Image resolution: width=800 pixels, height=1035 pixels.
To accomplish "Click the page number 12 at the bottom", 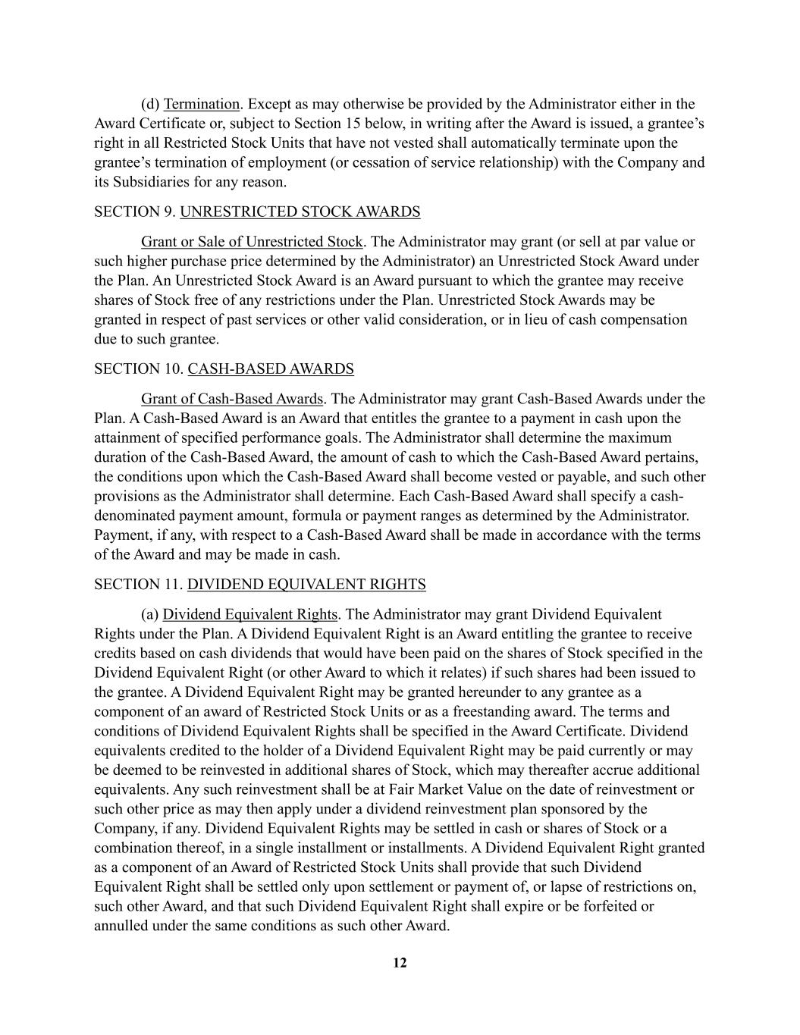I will click(400, 963).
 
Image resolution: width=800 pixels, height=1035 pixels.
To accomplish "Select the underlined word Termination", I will click(202, 104).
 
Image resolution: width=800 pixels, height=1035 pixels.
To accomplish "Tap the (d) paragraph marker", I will click(150, 104).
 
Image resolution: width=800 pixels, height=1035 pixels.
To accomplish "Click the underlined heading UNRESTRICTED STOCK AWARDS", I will click(300, 212).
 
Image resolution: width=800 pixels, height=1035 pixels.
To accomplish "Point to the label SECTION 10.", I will click(138, 369).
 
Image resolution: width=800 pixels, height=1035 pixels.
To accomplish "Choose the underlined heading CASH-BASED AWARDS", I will click(271, 369).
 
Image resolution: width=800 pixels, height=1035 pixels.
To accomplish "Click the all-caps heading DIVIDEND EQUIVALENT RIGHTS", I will click(306, 585).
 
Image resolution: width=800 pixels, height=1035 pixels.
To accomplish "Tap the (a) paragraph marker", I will click(149, 614).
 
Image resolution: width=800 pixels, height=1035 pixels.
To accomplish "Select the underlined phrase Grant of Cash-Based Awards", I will click(232, 399).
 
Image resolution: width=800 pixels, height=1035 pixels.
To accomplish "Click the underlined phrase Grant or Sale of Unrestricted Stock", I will click(252, 242).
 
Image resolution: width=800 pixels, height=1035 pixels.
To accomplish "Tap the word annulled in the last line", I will click(121, 926).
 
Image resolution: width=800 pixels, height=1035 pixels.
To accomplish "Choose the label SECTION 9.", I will click(134, 212).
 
